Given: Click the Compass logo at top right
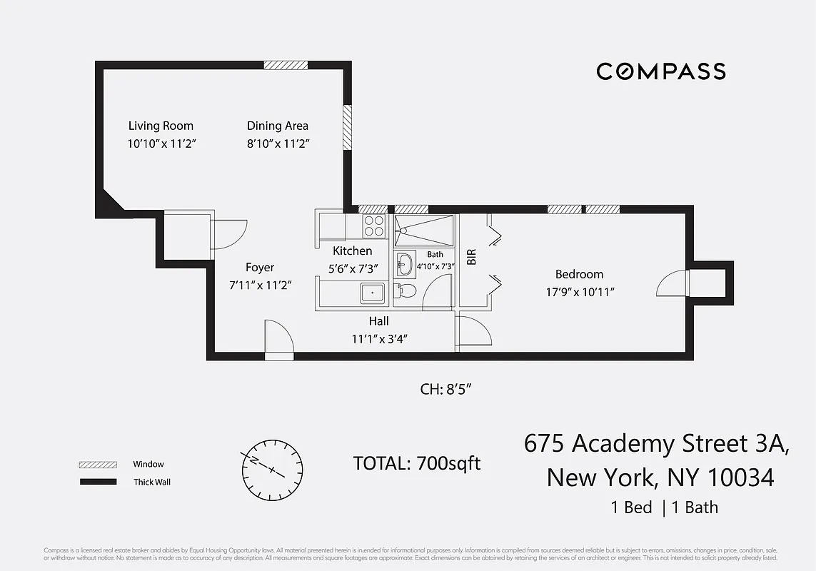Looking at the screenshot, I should click(x=660, y=71).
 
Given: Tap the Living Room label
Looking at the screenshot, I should click(x=161, y=126).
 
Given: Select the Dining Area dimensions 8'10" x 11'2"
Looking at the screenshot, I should click(x=278, y=143).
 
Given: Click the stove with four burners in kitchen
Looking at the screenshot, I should click(x=374, y=226).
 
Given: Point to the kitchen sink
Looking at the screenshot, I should click(x=372, y=293).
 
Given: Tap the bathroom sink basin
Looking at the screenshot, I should click(x=404, y=263).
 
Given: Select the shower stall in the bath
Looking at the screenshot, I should click(x=424, y=231).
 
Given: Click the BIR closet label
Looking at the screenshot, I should click(x=471, y=257).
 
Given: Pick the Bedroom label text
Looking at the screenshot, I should click(x=579, y=274).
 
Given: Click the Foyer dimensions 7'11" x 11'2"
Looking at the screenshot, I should click(x=260, y=285).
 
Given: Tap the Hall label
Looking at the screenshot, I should click(x=378, y=321).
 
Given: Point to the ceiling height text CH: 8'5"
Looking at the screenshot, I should click(x=446, y=390).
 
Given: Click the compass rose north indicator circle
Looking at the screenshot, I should click(x=272, y=469).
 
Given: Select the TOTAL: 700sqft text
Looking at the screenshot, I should click(x=417, y=463).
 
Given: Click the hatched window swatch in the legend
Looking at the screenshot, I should click(x=98, y=465).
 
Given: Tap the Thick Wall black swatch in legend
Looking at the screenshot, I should click(x=98, y=482).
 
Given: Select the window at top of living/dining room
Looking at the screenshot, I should click(x=286, y=65).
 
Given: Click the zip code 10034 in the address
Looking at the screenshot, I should click(x=742, y=477).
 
